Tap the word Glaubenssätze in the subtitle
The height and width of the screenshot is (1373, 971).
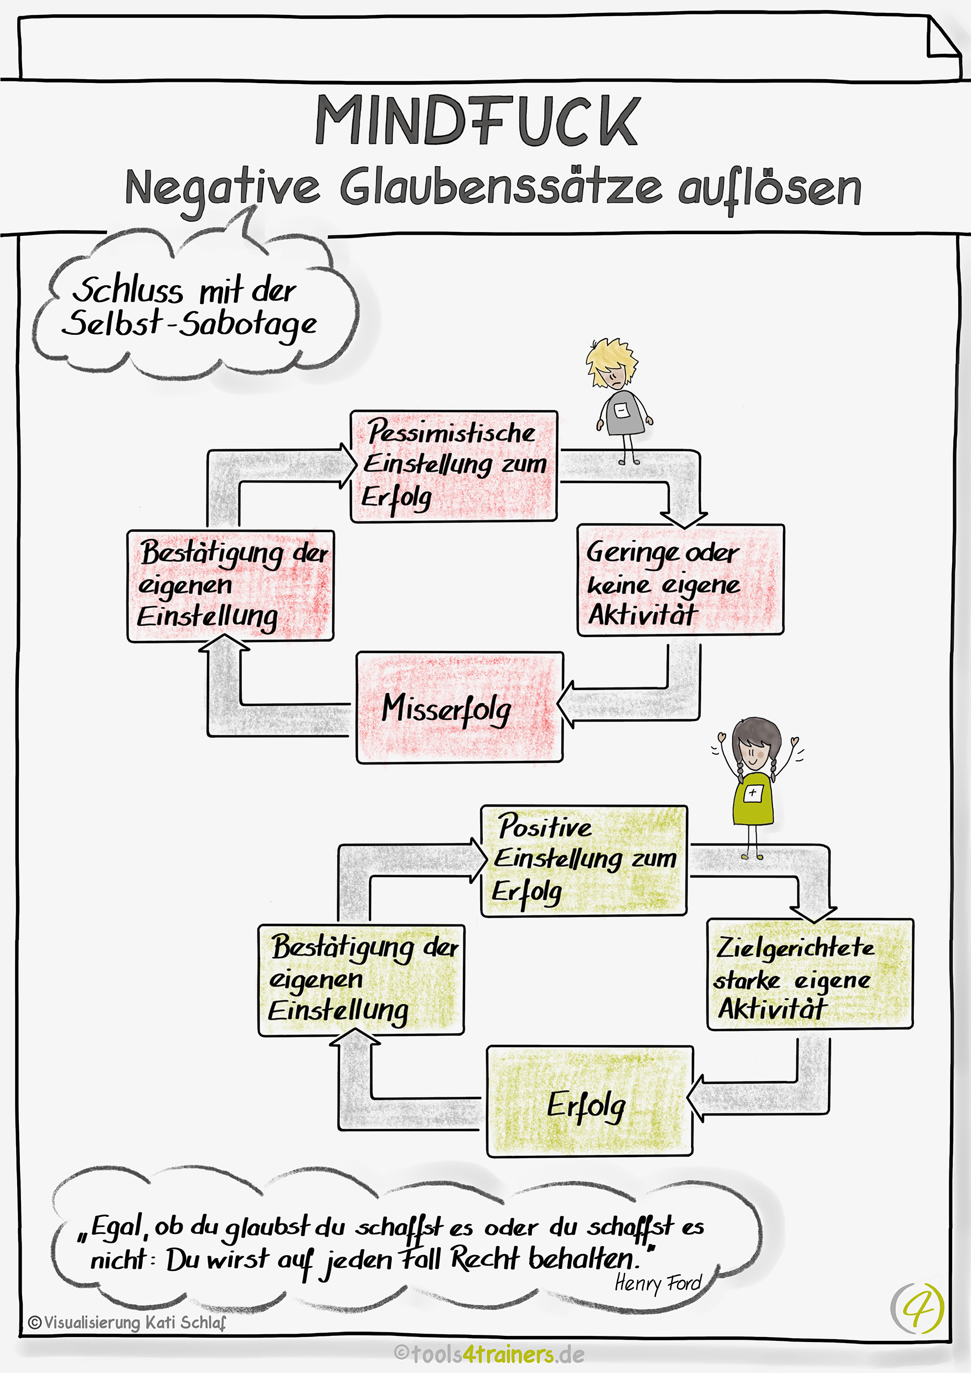(x=500, y=188)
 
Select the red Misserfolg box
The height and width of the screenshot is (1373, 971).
(x=459, y=707)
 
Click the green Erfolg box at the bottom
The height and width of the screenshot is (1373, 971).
(x=590, y=1101)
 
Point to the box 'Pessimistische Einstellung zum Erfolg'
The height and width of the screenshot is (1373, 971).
(x=454, y=466)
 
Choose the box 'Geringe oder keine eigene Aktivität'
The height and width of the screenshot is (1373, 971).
(x=680, y=580)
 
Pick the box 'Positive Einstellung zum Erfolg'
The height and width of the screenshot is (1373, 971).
(x=583, y=860)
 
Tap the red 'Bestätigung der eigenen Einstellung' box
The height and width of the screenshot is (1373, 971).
(x=230, y=585)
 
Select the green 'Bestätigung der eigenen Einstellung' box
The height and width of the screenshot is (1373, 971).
(x=360, y=979)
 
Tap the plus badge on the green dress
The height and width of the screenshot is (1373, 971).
(x=752, y=793)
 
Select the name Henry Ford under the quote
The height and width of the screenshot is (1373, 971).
(x=658, y=1283)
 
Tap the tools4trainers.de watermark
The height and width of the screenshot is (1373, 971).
(x=489, y=1354)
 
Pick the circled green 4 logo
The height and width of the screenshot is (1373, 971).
(x=917, y=1307)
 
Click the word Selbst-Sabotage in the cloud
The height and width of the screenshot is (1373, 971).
(x=189, y=323)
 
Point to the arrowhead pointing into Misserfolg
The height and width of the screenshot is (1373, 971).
(x=567, y=704)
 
